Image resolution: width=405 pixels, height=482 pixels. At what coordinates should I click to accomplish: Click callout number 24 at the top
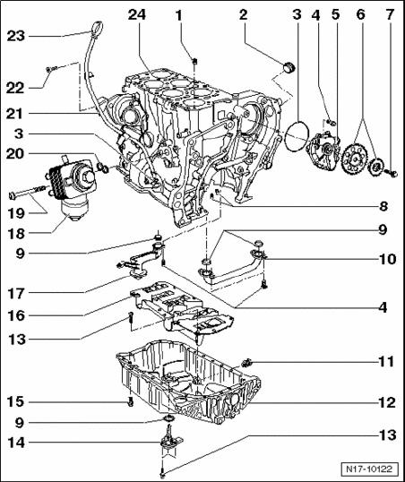point(137,14)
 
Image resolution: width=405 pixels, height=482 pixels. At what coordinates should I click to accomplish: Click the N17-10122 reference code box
point(369,469)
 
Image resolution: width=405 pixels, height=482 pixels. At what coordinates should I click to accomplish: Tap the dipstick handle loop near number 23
point(97,28)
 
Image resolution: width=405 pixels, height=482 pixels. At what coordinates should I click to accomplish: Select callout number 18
point(16,233)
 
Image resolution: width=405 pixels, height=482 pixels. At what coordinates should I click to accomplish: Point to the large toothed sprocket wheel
point(355,159)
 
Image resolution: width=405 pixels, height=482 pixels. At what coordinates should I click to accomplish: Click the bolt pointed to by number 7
point(392,173)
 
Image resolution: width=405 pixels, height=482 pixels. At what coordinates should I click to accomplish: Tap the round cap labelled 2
point(289,67)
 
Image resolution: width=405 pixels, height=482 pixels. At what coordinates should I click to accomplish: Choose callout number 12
point(387,402)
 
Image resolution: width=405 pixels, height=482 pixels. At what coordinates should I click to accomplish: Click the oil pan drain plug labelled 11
point(247,363)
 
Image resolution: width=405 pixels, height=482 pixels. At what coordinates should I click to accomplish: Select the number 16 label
point(16,315)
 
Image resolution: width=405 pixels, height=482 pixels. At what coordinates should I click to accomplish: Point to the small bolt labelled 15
point(131,401)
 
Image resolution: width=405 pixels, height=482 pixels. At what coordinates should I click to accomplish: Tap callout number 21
point(14,114)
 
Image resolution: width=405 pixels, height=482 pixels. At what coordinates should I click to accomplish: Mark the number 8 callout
point(383,206)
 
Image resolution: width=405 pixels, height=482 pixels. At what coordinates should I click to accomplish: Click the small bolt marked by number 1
point(194,61)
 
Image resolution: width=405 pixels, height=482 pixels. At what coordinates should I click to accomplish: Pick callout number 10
point(387,259)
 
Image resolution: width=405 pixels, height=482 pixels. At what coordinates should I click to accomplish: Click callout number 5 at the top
point(335,14)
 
